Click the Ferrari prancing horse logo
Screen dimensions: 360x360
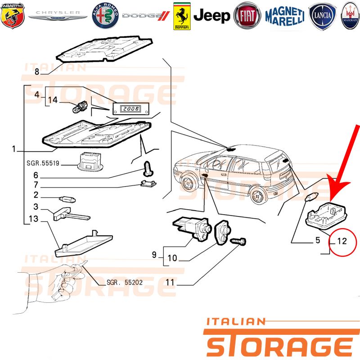[182, 16]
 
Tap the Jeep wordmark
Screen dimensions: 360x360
[211, 16]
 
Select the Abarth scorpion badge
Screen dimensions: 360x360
[13, 15]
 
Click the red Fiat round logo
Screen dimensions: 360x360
[247, 16]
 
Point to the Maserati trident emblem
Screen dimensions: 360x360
[351, 16]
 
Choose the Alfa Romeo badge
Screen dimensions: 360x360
[105, 16]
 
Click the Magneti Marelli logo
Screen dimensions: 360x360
[285, 16]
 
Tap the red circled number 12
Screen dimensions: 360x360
[342, 241]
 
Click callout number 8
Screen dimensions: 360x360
[37, 72]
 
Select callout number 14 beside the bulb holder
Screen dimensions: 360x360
[53, 100]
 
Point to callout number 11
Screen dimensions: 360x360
[170, 282]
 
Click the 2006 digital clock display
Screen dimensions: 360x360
[130, 108]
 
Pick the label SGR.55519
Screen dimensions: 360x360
[43, 163]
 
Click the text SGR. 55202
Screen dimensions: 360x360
[125, 282]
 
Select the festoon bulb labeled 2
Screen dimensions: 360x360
[67, 199]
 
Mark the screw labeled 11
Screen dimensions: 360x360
[238, 241]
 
